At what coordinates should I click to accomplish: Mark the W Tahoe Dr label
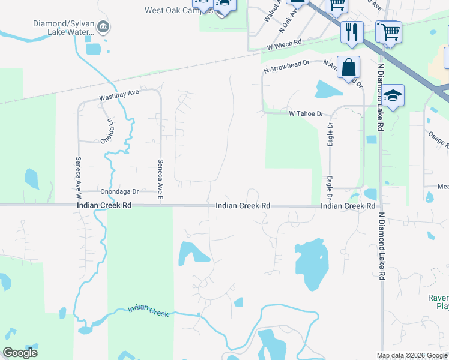(306, 113)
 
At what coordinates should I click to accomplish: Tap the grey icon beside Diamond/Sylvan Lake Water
(103, 26)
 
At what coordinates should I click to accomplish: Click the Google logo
(20, 353)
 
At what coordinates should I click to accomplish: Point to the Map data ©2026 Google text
(412, 355)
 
